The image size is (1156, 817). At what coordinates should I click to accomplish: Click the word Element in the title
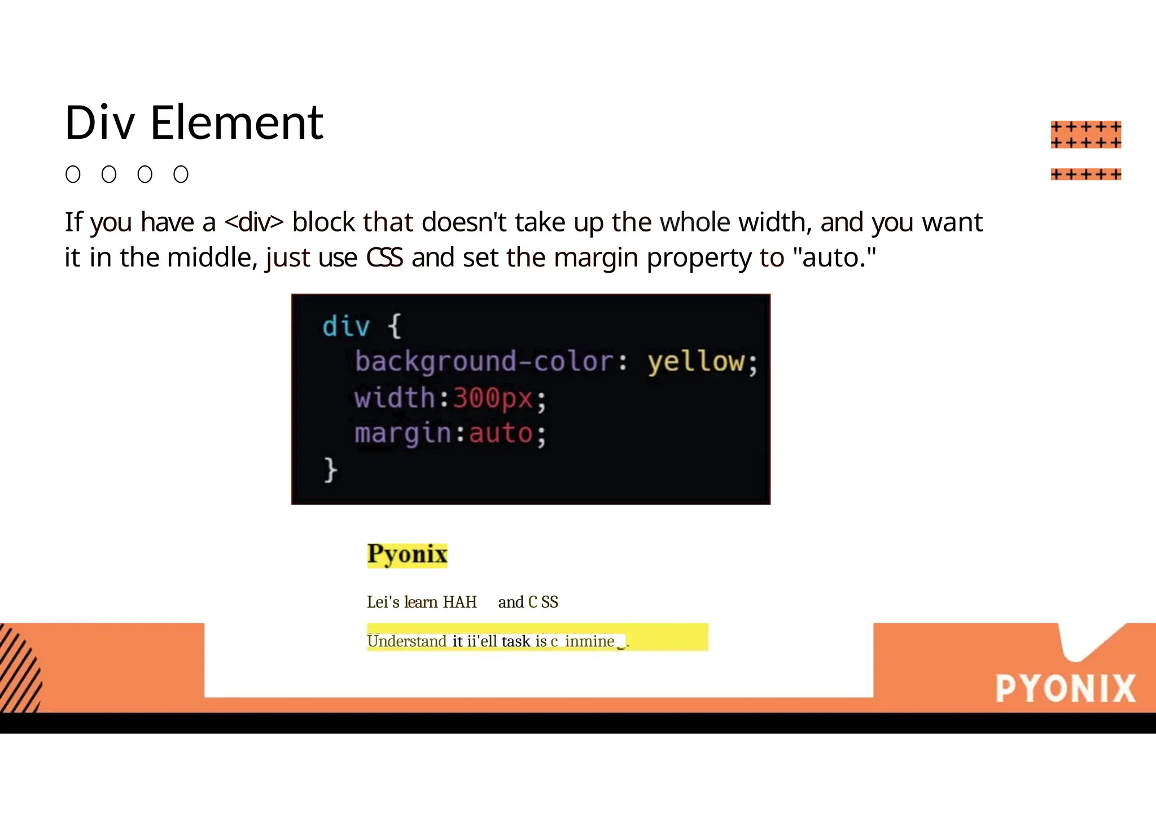[x=237, y=123]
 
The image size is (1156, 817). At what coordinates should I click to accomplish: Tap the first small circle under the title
[x=73, y=174]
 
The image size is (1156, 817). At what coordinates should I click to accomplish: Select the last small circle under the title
[x=181, y=174]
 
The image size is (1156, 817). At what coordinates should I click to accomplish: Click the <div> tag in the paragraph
[x=253, y=222]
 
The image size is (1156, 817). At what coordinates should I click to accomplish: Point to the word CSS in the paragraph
[x=384, y=257]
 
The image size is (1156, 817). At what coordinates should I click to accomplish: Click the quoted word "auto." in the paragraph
[x=834, y=257]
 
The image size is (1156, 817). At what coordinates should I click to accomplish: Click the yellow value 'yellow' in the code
[x=696, y=361]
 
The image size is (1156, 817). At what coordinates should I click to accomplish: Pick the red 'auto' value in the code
[x=501, y=433]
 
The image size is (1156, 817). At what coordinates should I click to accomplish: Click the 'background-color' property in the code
[x=484, y=361]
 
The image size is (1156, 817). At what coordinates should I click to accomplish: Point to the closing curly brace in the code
[x=330, y=470]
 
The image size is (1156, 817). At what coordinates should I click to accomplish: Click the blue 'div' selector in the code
[x=345, y=326]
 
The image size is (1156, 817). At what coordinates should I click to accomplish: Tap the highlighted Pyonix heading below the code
[x=407, y=554]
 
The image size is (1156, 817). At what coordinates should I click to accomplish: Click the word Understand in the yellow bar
[x=406, y=641]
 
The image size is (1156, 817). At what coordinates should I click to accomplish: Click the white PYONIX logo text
[x=1065, y=688]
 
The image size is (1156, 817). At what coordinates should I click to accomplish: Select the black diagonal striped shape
[x=20, y=669]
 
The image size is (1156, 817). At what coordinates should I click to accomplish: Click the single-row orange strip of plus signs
[x=1085, y=174]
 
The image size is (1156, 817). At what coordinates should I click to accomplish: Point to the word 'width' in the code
[x=394, y=397]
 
